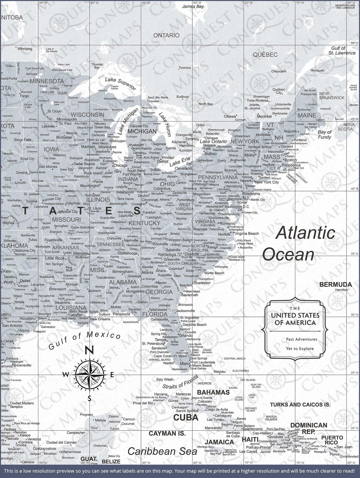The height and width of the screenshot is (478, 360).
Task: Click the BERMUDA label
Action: click(335, 284)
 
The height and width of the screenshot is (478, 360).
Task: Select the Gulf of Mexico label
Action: click(85, 341)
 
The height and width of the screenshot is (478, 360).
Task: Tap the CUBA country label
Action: click(186, 417)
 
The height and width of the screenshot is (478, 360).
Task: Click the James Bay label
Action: click(193, 6)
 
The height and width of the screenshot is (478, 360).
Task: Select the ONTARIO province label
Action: click(166, 35)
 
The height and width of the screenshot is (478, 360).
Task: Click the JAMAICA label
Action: click(219, 442)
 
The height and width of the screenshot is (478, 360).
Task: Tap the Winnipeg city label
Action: click(25, 48)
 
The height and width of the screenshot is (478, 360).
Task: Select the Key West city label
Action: click(165, 380)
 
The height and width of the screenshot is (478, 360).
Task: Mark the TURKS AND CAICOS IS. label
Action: click(300, 404)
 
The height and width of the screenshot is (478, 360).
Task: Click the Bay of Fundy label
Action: click(324, 134)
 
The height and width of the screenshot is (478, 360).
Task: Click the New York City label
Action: click(267, 182)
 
